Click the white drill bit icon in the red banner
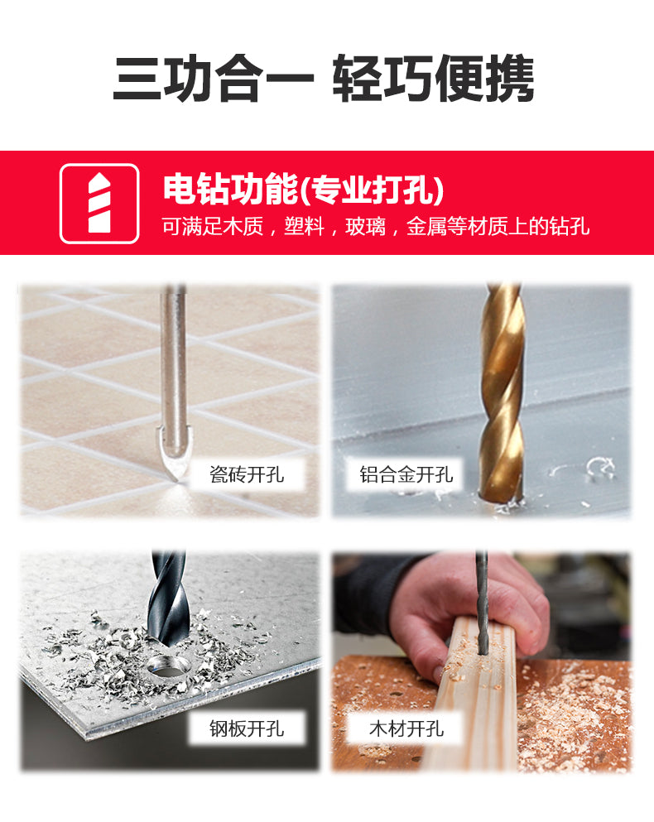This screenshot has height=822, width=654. coord(99,203)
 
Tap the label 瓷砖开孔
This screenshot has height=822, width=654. coord(247,474)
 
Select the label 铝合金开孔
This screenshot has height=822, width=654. coord(406,474)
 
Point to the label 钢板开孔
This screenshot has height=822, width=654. coord(247,728)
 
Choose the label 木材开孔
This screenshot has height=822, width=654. coord(406,728)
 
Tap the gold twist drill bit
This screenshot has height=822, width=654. coord(502,393)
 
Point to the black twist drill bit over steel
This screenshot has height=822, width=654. coord(166,598)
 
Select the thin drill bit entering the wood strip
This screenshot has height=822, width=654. coord(482,602)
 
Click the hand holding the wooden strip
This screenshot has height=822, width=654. coord(467,608)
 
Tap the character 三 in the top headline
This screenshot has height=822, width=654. coord(137,79)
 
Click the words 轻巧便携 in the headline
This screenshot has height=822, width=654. coord(433,79)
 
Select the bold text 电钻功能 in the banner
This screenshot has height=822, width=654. coord(230,190)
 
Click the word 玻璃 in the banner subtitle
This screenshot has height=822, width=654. coord(365,227)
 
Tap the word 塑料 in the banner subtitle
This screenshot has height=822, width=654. coord(304,227)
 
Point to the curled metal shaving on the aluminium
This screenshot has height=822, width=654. coord(599,468)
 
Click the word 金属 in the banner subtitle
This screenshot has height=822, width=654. coord(426,227)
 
